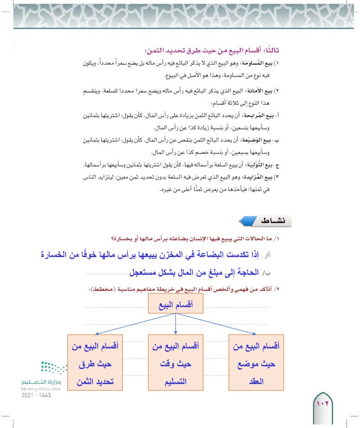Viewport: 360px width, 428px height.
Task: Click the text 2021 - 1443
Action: pos(36,395)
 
